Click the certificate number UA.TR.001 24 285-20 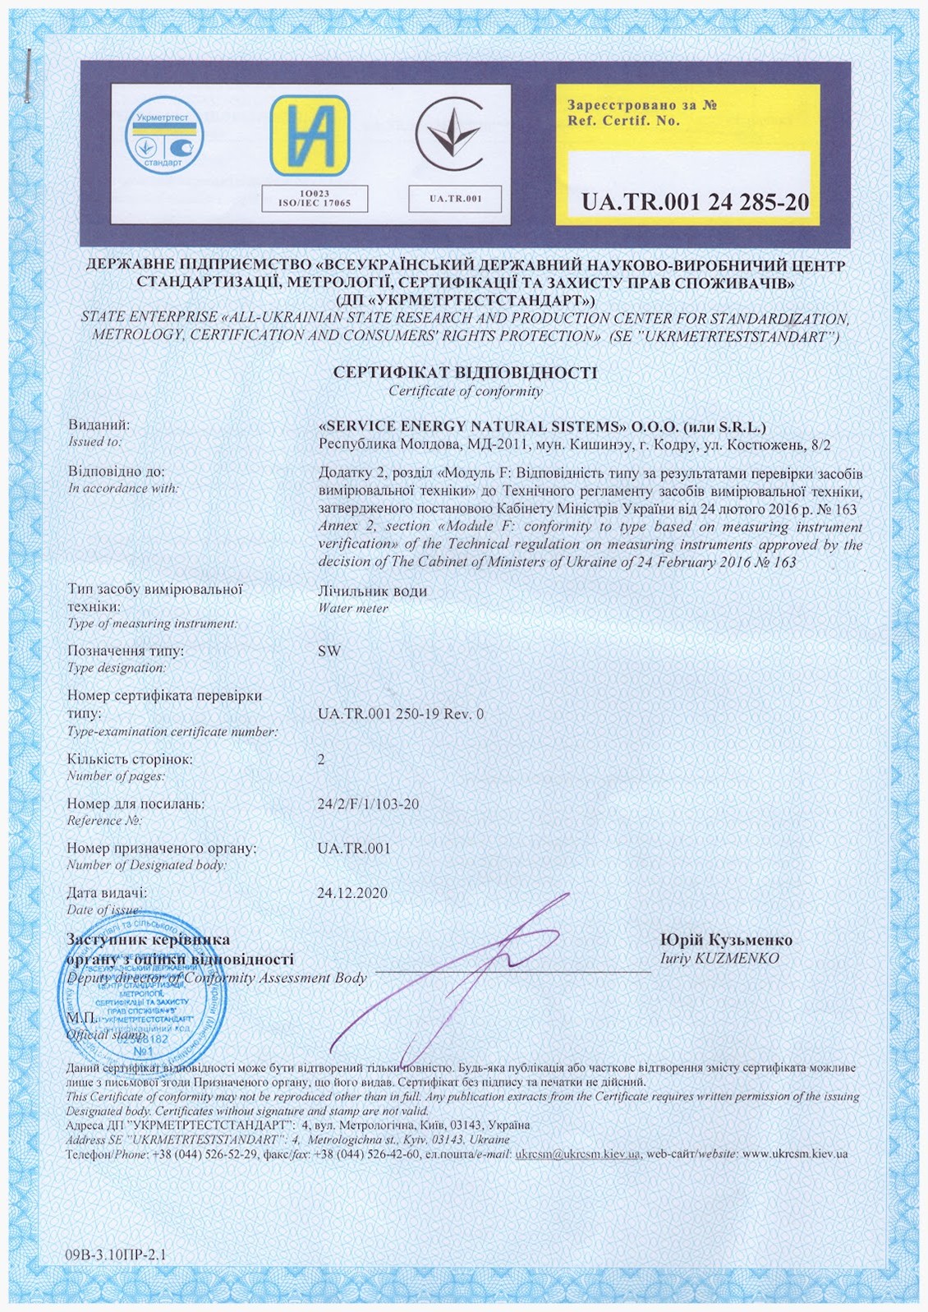(695, 202)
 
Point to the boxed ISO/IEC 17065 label (315, 199)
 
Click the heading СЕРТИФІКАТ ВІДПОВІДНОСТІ (465, 372)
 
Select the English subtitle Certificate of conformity (466, 391)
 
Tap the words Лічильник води (372, 591)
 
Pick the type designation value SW (328, 651)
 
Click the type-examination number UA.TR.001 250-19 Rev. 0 (401, 714)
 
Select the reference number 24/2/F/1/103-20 (368, 803)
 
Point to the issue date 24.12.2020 (352, 893)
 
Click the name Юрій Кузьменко (726, 940)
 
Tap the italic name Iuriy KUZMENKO (719, 959)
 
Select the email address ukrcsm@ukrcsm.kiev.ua (577, 1154)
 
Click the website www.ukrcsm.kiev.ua (794, 1154)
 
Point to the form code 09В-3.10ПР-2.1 (115, 1254)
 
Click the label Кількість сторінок (130, 759)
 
